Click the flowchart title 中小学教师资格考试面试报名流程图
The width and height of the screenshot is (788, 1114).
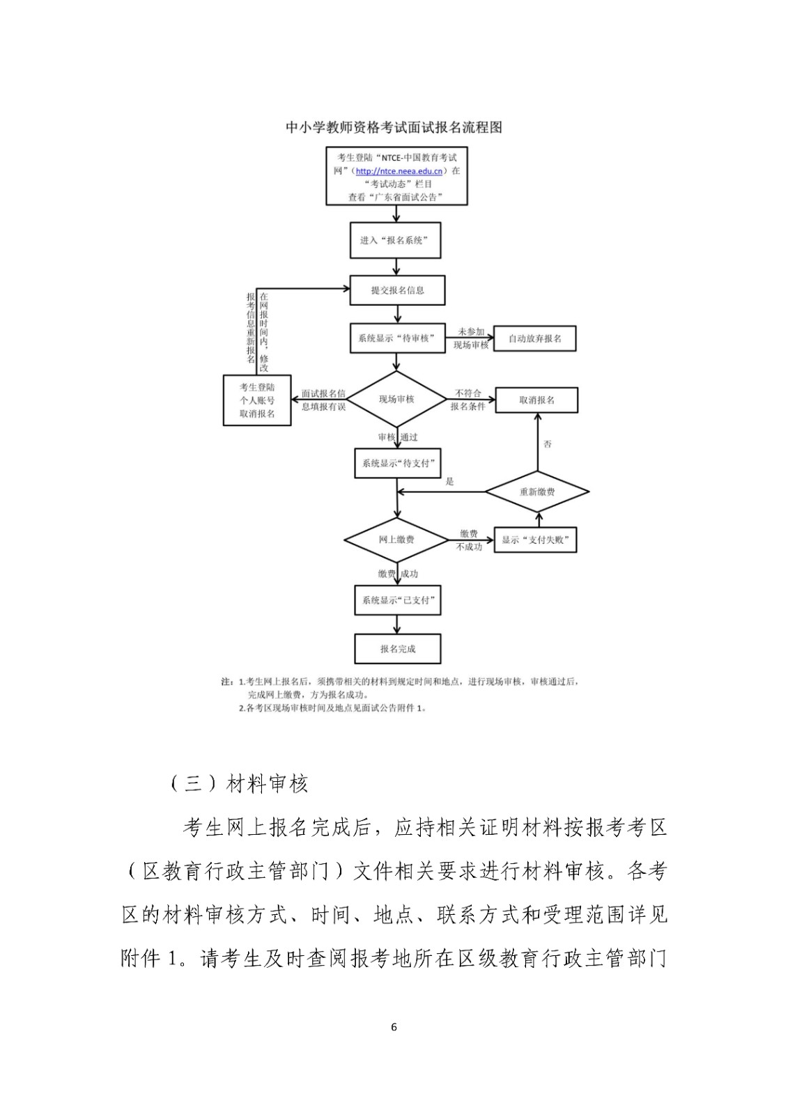(394, 127)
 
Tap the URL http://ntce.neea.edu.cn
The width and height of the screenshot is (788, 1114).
(400, 171)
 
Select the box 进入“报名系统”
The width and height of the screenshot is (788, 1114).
(395, 240)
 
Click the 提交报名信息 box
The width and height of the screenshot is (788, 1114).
(397, 290)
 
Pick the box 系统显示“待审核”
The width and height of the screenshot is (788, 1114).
(396, 338)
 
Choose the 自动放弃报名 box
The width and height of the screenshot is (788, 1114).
(534, 338)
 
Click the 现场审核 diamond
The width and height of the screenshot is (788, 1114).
(396, 400)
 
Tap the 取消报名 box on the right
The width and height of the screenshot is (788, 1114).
(536, 400)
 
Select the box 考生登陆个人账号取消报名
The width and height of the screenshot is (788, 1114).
(257, 400)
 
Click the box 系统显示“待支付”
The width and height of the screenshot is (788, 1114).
(397, 463)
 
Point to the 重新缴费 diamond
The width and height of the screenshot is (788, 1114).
(537, 492)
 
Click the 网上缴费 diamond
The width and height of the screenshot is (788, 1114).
(396, 540)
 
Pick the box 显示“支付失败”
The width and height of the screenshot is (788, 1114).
(535, 540)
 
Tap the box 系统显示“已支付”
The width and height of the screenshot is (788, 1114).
(397, 600)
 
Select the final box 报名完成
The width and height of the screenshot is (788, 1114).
(397, 649)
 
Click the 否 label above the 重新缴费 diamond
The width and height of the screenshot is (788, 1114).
(548, 444)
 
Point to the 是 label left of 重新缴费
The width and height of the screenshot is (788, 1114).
(449, 481)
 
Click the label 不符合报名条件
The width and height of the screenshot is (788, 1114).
(468, 400)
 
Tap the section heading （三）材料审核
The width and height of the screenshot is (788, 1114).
(239, 784)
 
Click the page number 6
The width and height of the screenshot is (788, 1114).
(394, 1027)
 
